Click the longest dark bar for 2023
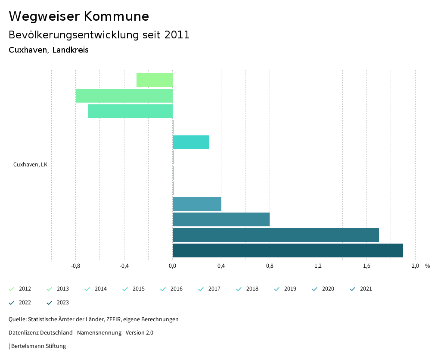pyautogui.click(x=288, y=250)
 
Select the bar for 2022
pyautogui.click(x=276, y=235)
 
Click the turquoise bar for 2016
pyautogui.click(x=191, y=142)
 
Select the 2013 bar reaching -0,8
pyautogui.click(x=124, y=96)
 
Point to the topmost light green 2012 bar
pyautogui.click(x=155, y=80)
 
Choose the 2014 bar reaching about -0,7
pyautogui.click(x=130, y=111)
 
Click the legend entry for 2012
pyautogui.click(x=20, y=289)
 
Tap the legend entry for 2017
pyautogui.click(x=210, y=289)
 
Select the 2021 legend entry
pyautogui.click(x=361, y=289)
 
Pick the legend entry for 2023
pyautogui.click(x=58, y=303)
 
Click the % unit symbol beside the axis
pyautogui.click(x=427, y=266)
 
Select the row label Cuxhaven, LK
pyautogui.click(x=30, y=165)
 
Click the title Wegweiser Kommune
pyautogui.click(x=79, y=16)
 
